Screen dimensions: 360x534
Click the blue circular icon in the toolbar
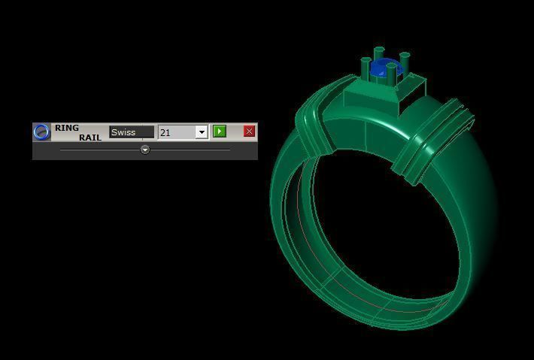pos(42,132)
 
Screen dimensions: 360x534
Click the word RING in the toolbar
pos(67,128)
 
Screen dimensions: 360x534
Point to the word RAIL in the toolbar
pos(90,138)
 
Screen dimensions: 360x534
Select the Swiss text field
pos(132,132)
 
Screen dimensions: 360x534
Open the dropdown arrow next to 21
pos(202,132)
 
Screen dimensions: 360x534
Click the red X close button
pos(249,132)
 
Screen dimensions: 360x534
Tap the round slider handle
pos(145,150)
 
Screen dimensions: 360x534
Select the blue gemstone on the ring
pos(384,68)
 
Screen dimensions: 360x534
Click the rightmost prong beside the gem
pos(405,65)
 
